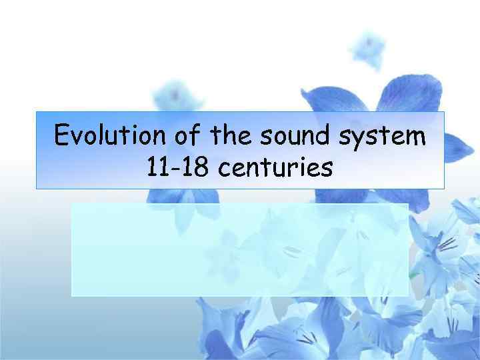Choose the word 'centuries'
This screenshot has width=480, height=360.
click(275, 168)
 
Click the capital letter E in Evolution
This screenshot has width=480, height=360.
click(62, 136)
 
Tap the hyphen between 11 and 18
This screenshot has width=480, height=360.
click(177, 169)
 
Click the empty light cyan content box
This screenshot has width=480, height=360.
click(239, 249)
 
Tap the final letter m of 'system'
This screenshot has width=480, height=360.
click(414, 138)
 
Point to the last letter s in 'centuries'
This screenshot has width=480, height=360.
click(327, 170)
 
